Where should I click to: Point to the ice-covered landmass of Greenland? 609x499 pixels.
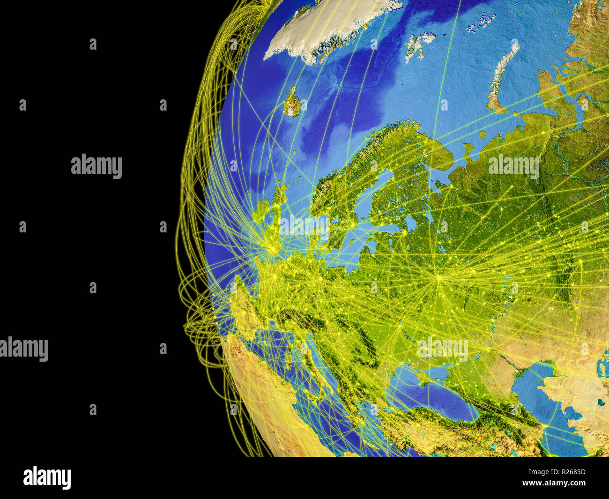(x=328, y=28)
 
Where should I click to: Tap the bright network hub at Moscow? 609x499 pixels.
(x=439, y=277)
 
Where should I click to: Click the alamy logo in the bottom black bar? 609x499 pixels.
(x=47, y=478)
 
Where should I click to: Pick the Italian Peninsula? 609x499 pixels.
(x=304, y=356)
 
